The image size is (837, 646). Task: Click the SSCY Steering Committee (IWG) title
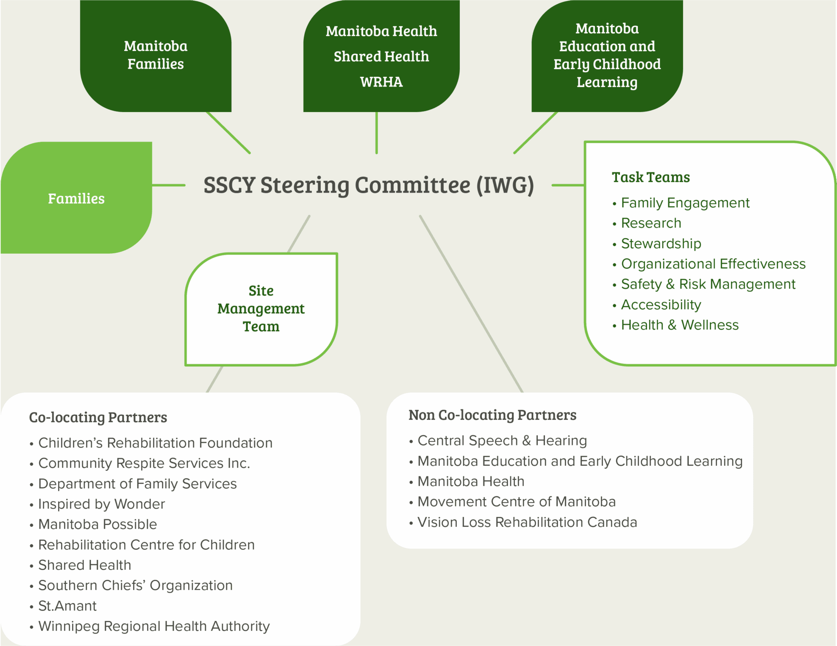(x=368, y=185)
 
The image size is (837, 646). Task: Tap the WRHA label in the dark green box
(x=381, y=82)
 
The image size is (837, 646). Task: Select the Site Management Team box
(x=261, y=309)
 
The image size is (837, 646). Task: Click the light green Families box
(x=76, y=199)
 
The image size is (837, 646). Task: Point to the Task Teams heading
(x=651, y=177)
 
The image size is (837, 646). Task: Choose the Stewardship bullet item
(x=661, y=243)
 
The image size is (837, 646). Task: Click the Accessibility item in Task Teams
(x=661, y=305)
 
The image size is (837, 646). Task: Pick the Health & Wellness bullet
(x=679, y=325)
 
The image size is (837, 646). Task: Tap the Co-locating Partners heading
(x=98, y=417)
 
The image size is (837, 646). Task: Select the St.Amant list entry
(x=67, y=606)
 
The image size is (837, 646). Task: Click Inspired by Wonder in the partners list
(x=101, y=504)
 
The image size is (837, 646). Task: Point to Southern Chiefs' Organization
(x=135, y=585)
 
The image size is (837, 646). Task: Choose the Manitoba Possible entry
(x=97, y=524)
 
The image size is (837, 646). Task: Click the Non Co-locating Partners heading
(x=492, y=415)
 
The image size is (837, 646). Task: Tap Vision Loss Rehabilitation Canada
(x=527, y=522)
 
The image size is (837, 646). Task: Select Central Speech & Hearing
(x=502, y=441)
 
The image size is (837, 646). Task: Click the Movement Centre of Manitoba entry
(x=516, y=502)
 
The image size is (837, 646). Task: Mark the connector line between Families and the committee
(x=169, y=185)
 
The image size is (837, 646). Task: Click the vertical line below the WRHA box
(x=376, y=132)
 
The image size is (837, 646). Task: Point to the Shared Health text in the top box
(x=381, y=56)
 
